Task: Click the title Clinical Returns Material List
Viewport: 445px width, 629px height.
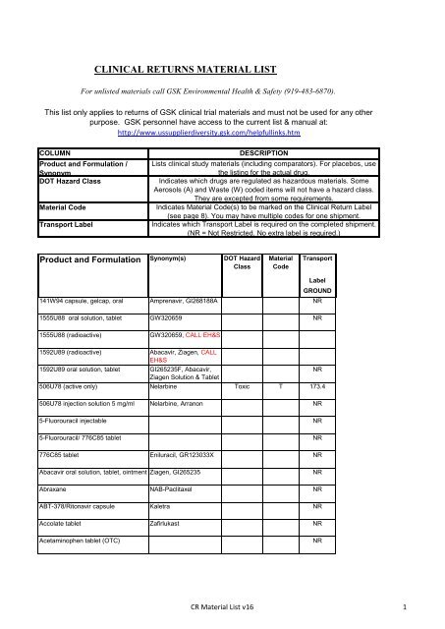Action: click(x=222, y=71)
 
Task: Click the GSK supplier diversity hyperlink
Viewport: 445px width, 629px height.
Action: click(x=222, y=131)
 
